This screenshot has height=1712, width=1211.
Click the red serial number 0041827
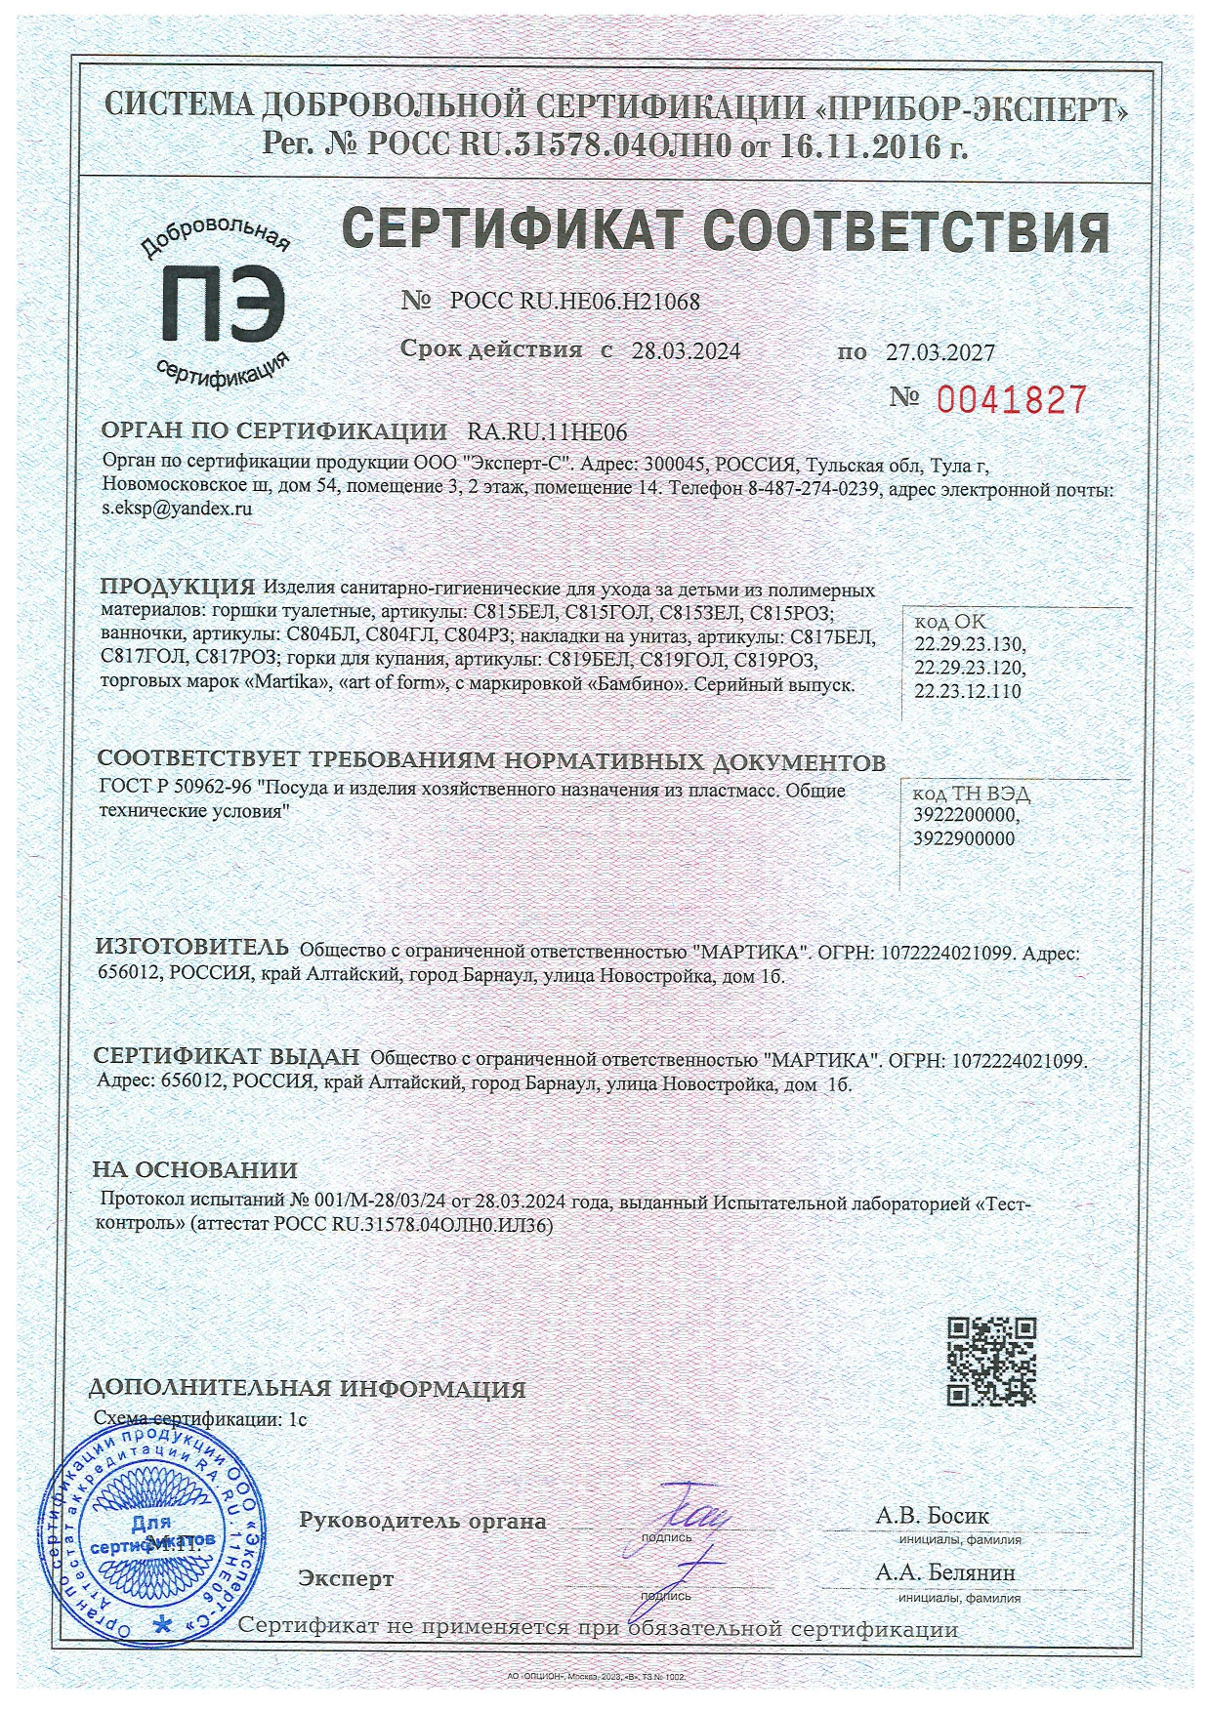pyautogui.click(x=1012, y=400)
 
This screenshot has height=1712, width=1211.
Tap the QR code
pyautogui.click(x=992, y=1361)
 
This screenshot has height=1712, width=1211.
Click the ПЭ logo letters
pyautogui.click(x=225, y=300)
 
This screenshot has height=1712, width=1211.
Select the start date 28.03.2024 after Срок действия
pyautogui.click(x=686, y=351)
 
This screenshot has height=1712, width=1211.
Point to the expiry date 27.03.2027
pyautogui.click(x=940, y=353)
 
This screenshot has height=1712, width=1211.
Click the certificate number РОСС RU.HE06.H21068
pyautogui.click(x=575, y=302)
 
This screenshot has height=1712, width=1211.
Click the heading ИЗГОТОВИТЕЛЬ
pyautogui.click(x=191, y=947)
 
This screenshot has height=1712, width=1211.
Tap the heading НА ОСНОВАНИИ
pyautogui.click(x=195, y=1169)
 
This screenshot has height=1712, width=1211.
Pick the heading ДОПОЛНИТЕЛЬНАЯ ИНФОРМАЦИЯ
pyautogui.click(x=307, y=1389)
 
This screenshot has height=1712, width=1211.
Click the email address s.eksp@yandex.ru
pyautogui.click(x=177, y=509)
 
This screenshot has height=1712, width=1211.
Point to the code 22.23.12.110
pyautogui.click(x=968, y=692)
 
